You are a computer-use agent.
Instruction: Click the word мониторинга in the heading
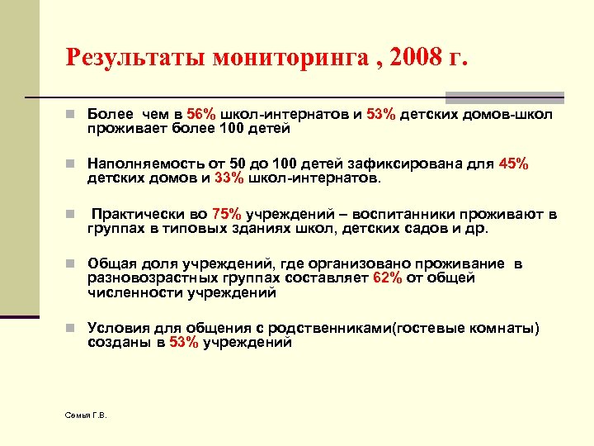(283, 58)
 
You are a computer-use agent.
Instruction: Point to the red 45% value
(513, 164)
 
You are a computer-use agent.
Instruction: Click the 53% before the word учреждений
(183, 343)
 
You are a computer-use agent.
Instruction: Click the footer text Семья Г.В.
(86, 414)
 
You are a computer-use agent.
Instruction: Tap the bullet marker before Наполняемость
(73, 164)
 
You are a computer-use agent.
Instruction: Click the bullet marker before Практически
(73, 215)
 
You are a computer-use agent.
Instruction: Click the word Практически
(132, 215)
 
